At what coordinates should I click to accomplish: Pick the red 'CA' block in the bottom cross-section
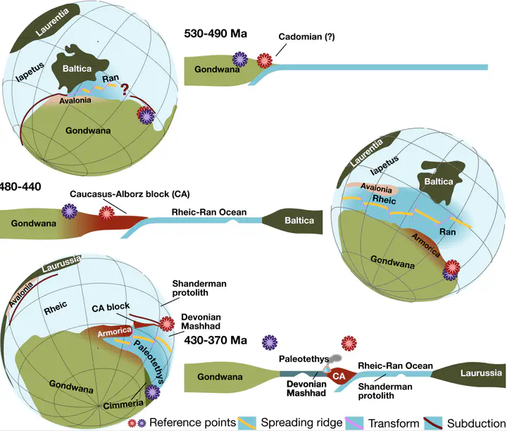[339, 377]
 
